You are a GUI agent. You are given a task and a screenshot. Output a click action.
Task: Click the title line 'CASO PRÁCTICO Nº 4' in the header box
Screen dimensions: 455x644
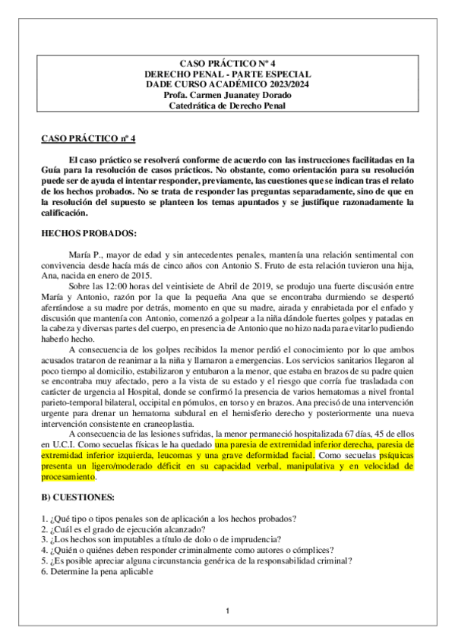tap(227, 63)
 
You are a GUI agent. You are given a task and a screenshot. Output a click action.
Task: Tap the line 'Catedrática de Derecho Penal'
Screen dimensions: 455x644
tap(227, 106)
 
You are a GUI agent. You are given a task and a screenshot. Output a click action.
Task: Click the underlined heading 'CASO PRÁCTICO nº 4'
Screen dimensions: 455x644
tap(87, 138)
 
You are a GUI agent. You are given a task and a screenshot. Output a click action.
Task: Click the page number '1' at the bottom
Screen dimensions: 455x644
tap(227, 611)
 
